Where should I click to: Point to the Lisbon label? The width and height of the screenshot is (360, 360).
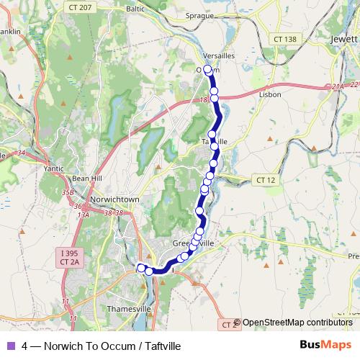coord(269,94)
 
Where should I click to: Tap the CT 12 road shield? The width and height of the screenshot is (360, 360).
coord(265,179)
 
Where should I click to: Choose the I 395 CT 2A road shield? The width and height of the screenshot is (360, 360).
coord(70,258)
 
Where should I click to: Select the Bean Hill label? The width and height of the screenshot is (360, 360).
coord(85,179)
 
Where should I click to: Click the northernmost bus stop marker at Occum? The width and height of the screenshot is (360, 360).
coord(207,69)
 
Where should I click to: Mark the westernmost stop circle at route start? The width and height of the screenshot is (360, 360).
coord(141,268)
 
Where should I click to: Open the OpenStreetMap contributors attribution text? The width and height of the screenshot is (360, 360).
coord(297,323)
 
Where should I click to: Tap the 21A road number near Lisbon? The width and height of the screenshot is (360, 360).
coord(338,86)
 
